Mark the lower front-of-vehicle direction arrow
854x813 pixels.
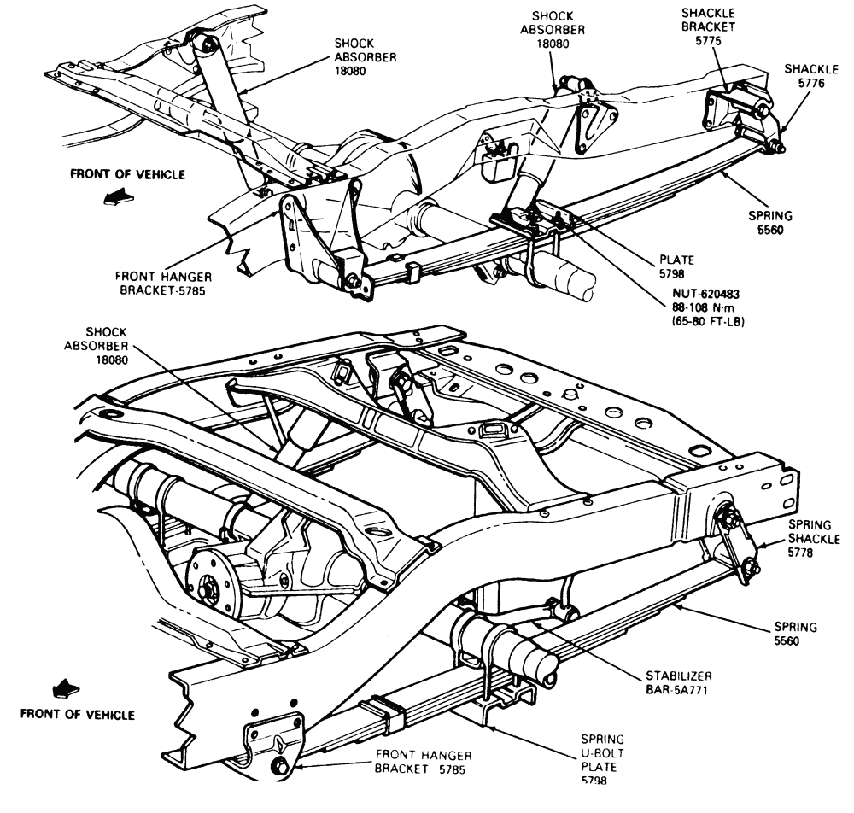point(65,686)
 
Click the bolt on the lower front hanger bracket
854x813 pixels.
point(279,767)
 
